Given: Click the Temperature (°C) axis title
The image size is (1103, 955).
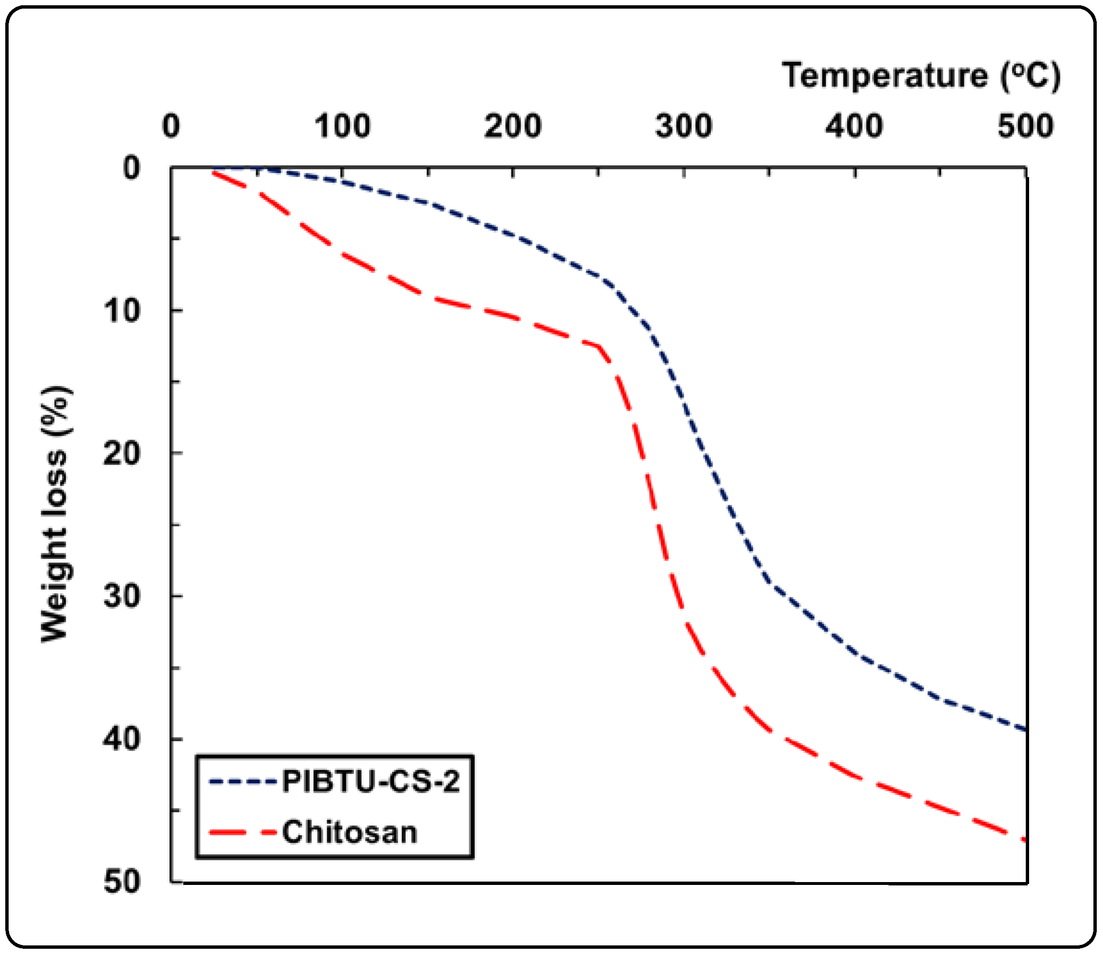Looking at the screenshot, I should [x=921, y=76].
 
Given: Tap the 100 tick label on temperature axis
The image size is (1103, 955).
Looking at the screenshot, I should [x=342, y=127].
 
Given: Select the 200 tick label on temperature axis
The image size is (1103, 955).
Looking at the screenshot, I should [x=512, y=127].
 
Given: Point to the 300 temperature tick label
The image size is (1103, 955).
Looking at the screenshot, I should [x=684, y=127].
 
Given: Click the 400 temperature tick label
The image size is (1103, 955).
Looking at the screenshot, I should [x=854, y=127].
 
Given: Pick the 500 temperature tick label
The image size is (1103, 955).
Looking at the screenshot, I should [x=1025, y=127].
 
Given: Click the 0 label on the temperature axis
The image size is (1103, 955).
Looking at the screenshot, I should [x=171, y=127].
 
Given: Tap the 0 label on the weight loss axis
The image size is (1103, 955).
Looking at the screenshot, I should [x=131, y=168].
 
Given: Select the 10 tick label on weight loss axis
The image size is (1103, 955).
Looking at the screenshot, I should [x=121, y=310].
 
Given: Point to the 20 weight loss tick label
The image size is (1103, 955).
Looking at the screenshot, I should [x=121, y=454].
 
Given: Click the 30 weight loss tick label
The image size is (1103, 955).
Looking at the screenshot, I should [x=121, y=596].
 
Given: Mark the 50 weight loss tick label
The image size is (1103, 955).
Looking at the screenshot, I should [x=121, y=882].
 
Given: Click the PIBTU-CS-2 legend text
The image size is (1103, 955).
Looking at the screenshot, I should [x=371, y=782].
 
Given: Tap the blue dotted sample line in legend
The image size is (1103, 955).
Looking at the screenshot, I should [x=243, y=782].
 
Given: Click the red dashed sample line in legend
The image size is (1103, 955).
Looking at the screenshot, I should [x=243, y=833].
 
